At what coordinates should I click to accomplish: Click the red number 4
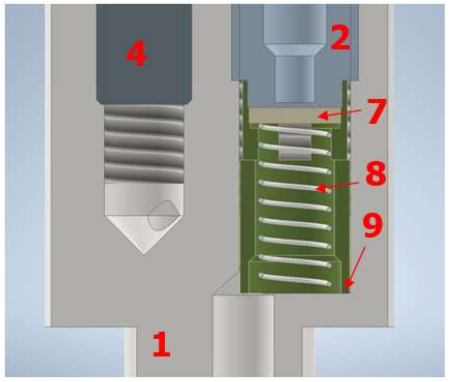(137, 54)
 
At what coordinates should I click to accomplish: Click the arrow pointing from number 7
(341, 114)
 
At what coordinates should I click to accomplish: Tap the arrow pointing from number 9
(356, 270)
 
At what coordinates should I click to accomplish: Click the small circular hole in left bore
(163, 216)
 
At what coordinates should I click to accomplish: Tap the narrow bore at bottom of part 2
(295, 79)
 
